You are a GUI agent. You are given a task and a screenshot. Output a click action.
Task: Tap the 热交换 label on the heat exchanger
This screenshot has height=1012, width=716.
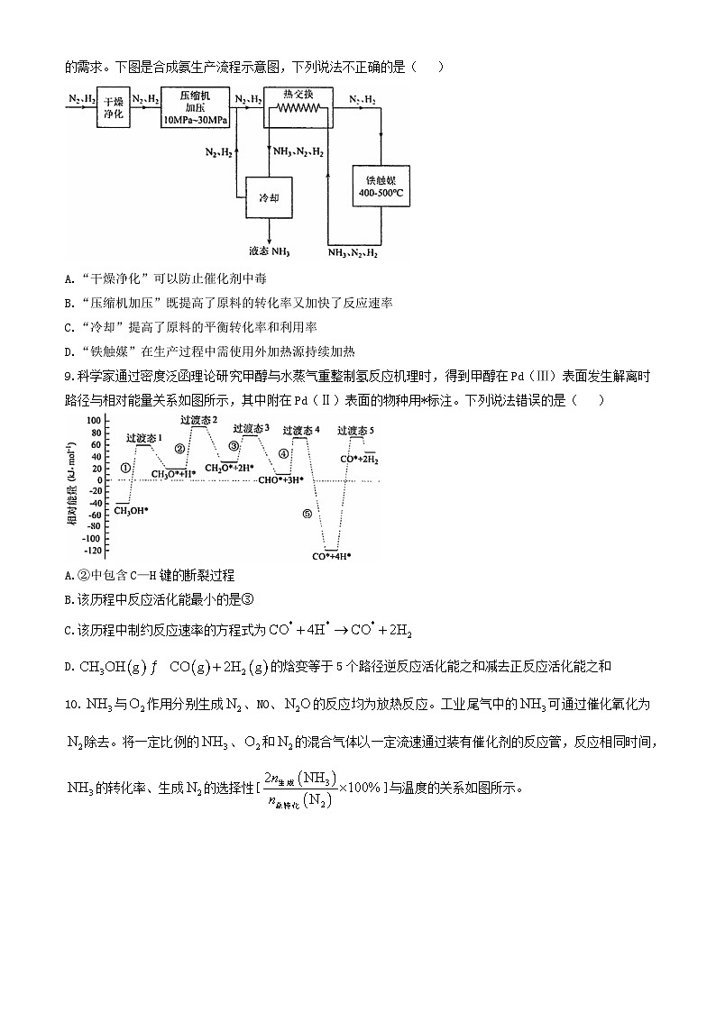click(x=298, y=94)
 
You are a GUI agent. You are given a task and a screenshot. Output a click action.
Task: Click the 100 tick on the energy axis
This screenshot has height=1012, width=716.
click(x=93, y=421)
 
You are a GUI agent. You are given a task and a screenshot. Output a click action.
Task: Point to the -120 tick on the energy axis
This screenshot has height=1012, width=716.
click(x=90, y=550)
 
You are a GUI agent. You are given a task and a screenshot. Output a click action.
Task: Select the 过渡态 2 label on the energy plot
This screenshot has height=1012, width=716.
click(x=198, y=420)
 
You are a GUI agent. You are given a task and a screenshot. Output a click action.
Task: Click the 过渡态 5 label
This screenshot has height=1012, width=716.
click(x=355, y=431)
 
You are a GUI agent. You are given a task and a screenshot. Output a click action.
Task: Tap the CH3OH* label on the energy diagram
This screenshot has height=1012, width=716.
click(x=131, y=511)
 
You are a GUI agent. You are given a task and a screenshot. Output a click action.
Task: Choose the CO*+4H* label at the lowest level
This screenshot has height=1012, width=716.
click(x=331, y=556)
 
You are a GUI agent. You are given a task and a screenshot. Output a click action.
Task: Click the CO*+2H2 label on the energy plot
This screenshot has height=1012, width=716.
click(x=359, y=460)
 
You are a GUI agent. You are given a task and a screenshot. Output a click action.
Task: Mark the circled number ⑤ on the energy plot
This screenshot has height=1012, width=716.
click(x=307, y=515)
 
